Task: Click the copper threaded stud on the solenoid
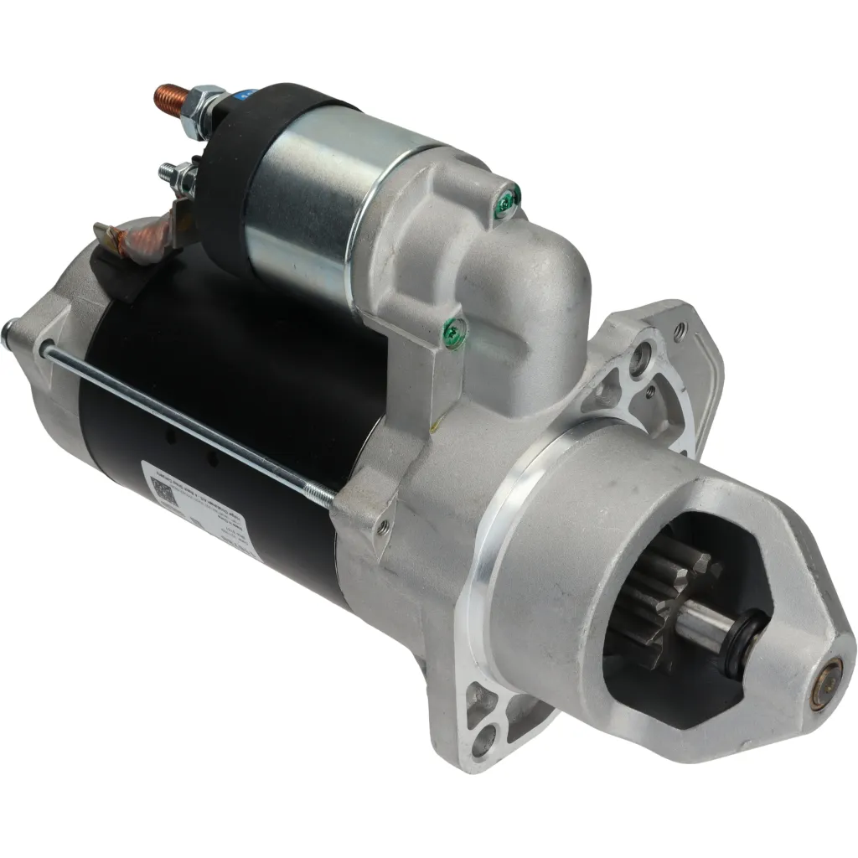click(x=171, y=98)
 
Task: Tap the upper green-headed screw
click(x=506, y=198)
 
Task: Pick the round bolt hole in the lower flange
click(x=483, y=740)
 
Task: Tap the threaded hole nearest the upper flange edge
click(x=680, y=333)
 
